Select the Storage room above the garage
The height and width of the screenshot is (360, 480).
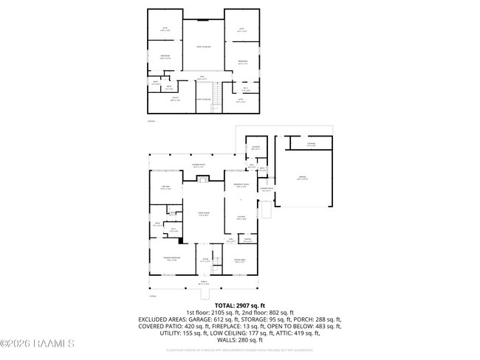(312, 145)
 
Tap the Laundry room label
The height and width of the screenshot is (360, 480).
(255, 148)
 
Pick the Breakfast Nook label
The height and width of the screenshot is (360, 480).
(241, 186)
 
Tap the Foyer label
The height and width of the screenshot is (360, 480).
(205, 260)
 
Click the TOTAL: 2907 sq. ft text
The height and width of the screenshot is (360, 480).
(239, 305)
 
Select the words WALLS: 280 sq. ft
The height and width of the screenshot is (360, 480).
(239, 340)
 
